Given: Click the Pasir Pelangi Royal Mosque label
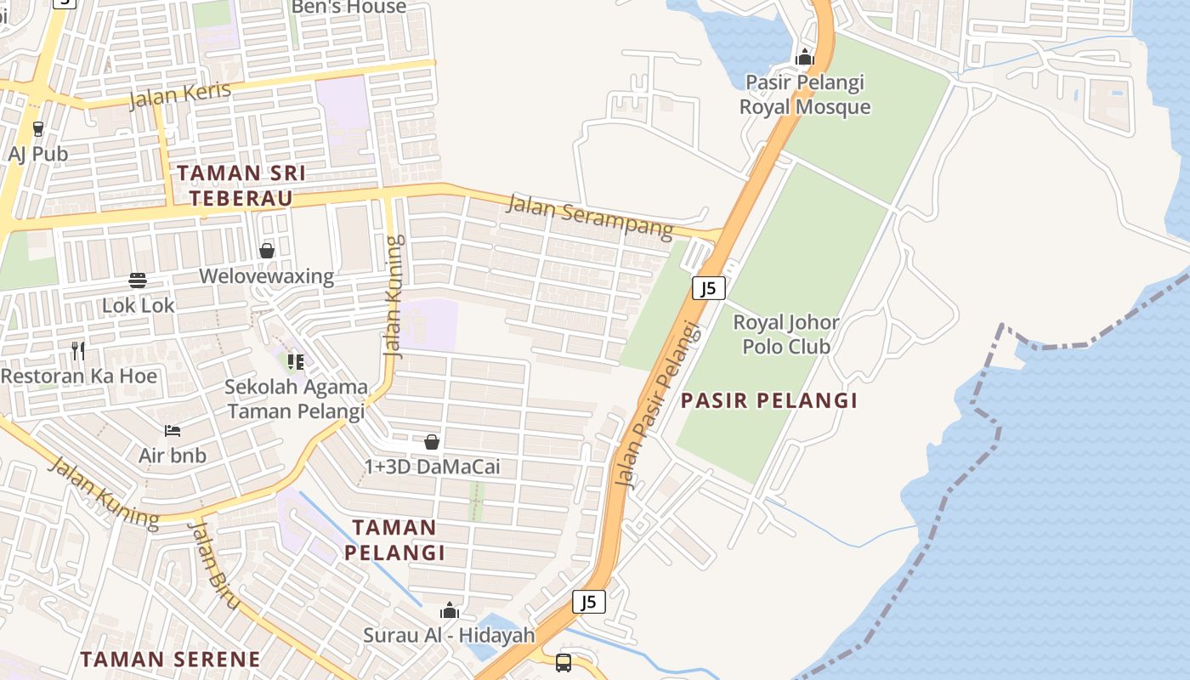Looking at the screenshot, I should click(805, 94).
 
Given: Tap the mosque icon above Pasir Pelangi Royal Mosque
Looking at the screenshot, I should click(804, 58).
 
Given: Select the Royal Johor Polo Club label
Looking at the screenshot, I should click(786, 334).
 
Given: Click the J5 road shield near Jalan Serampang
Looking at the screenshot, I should click(708, 288).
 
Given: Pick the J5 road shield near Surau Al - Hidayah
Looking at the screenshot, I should click(588, 602).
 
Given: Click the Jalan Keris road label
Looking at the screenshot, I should click(179, 95).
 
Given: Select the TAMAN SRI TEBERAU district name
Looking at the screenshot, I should click(241, 185).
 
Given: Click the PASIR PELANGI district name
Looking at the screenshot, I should click(769, 400).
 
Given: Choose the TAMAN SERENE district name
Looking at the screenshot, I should click(170, 659).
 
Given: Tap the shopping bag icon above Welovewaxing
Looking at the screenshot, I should click(267, 251).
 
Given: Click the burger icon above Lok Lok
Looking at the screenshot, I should click(138, 280).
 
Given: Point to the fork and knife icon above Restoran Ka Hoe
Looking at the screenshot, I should click(78, 350).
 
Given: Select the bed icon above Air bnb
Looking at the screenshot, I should click(173, 430).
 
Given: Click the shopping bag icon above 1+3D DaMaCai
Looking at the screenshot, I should click(432, 442).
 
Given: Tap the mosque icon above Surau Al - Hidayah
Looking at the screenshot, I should click(449, 610).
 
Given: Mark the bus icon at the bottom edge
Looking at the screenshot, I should click(563, 662).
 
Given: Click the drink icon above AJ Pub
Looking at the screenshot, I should click(37, 128).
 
